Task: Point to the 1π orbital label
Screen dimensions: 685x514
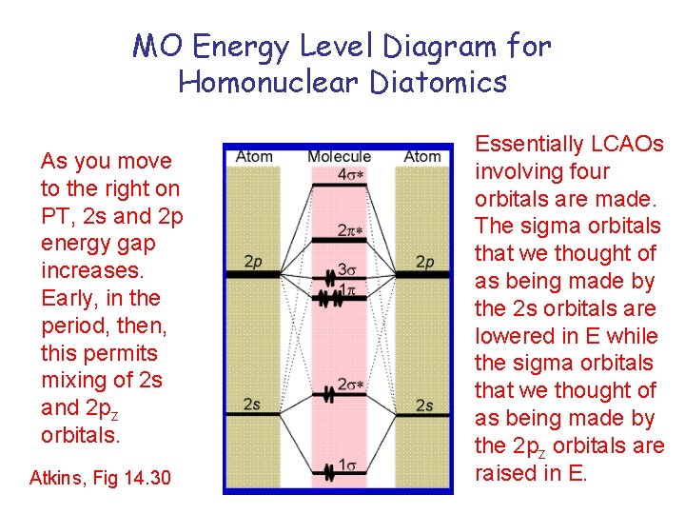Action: point(349,290)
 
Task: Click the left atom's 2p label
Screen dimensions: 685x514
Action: point(252,262)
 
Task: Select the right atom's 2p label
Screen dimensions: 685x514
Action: point(424,262)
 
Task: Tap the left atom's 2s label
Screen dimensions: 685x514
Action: point(252,405)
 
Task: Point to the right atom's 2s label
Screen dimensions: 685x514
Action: point(424,405)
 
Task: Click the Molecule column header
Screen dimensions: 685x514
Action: point(339,156)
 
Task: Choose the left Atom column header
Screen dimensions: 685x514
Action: point(254,156)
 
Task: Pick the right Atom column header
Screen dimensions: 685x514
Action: point(421,156)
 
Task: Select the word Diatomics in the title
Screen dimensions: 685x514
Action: point(439,82)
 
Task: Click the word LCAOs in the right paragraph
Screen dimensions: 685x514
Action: point(623,145)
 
